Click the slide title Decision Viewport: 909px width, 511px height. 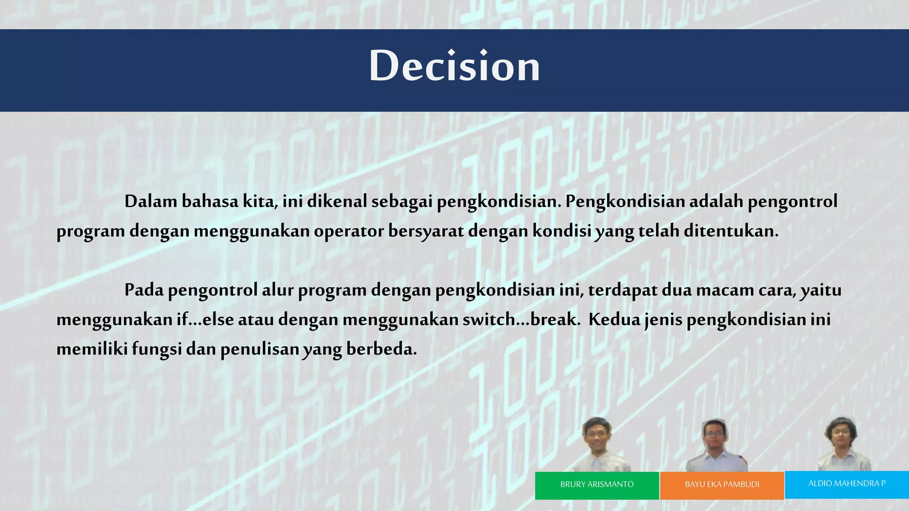pyautogui.click(x=454, y=67)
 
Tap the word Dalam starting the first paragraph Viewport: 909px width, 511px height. pyautogui.click(x=150, y=201)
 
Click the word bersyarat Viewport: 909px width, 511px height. pyautogui.click(x=426, y=232)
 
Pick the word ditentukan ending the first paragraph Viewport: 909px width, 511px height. pyautogui.click(x=731, y=231)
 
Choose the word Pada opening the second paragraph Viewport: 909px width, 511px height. pyautogui.click(x=144, y=290)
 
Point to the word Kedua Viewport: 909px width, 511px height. pyautogui.click(x=614, y=319)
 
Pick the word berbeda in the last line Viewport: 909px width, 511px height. pyautogui.click(x=381, y=349)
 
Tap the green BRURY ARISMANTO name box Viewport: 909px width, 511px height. pyautogui.click(x=597, y=485)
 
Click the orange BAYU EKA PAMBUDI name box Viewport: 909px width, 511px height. pyautogui.click(x=722, y=485)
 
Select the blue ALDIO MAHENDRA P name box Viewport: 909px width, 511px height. pyautogui.click(x=846, y=484)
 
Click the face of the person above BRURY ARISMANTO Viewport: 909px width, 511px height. pyautogui.click(x=597, y=435)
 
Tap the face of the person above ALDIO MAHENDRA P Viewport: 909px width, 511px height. pyautogui.click(x=840, y=434)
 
